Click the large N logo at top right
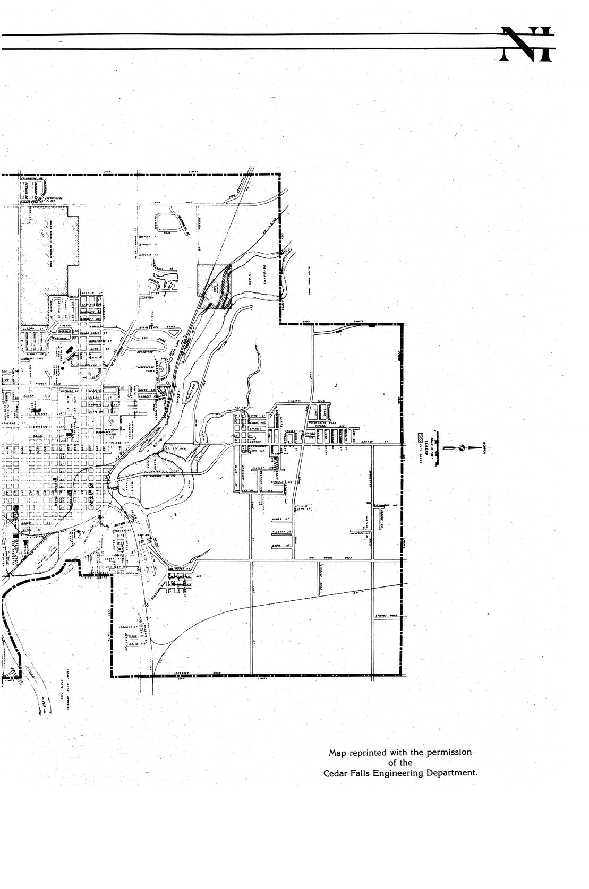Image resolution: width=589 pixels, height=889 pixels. coord(528,44)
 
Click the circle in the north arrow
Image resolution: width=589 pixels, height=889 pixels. coord(462,448)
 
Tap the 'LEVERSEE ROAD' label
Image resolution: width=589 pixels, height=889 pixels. coord(185,672)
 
